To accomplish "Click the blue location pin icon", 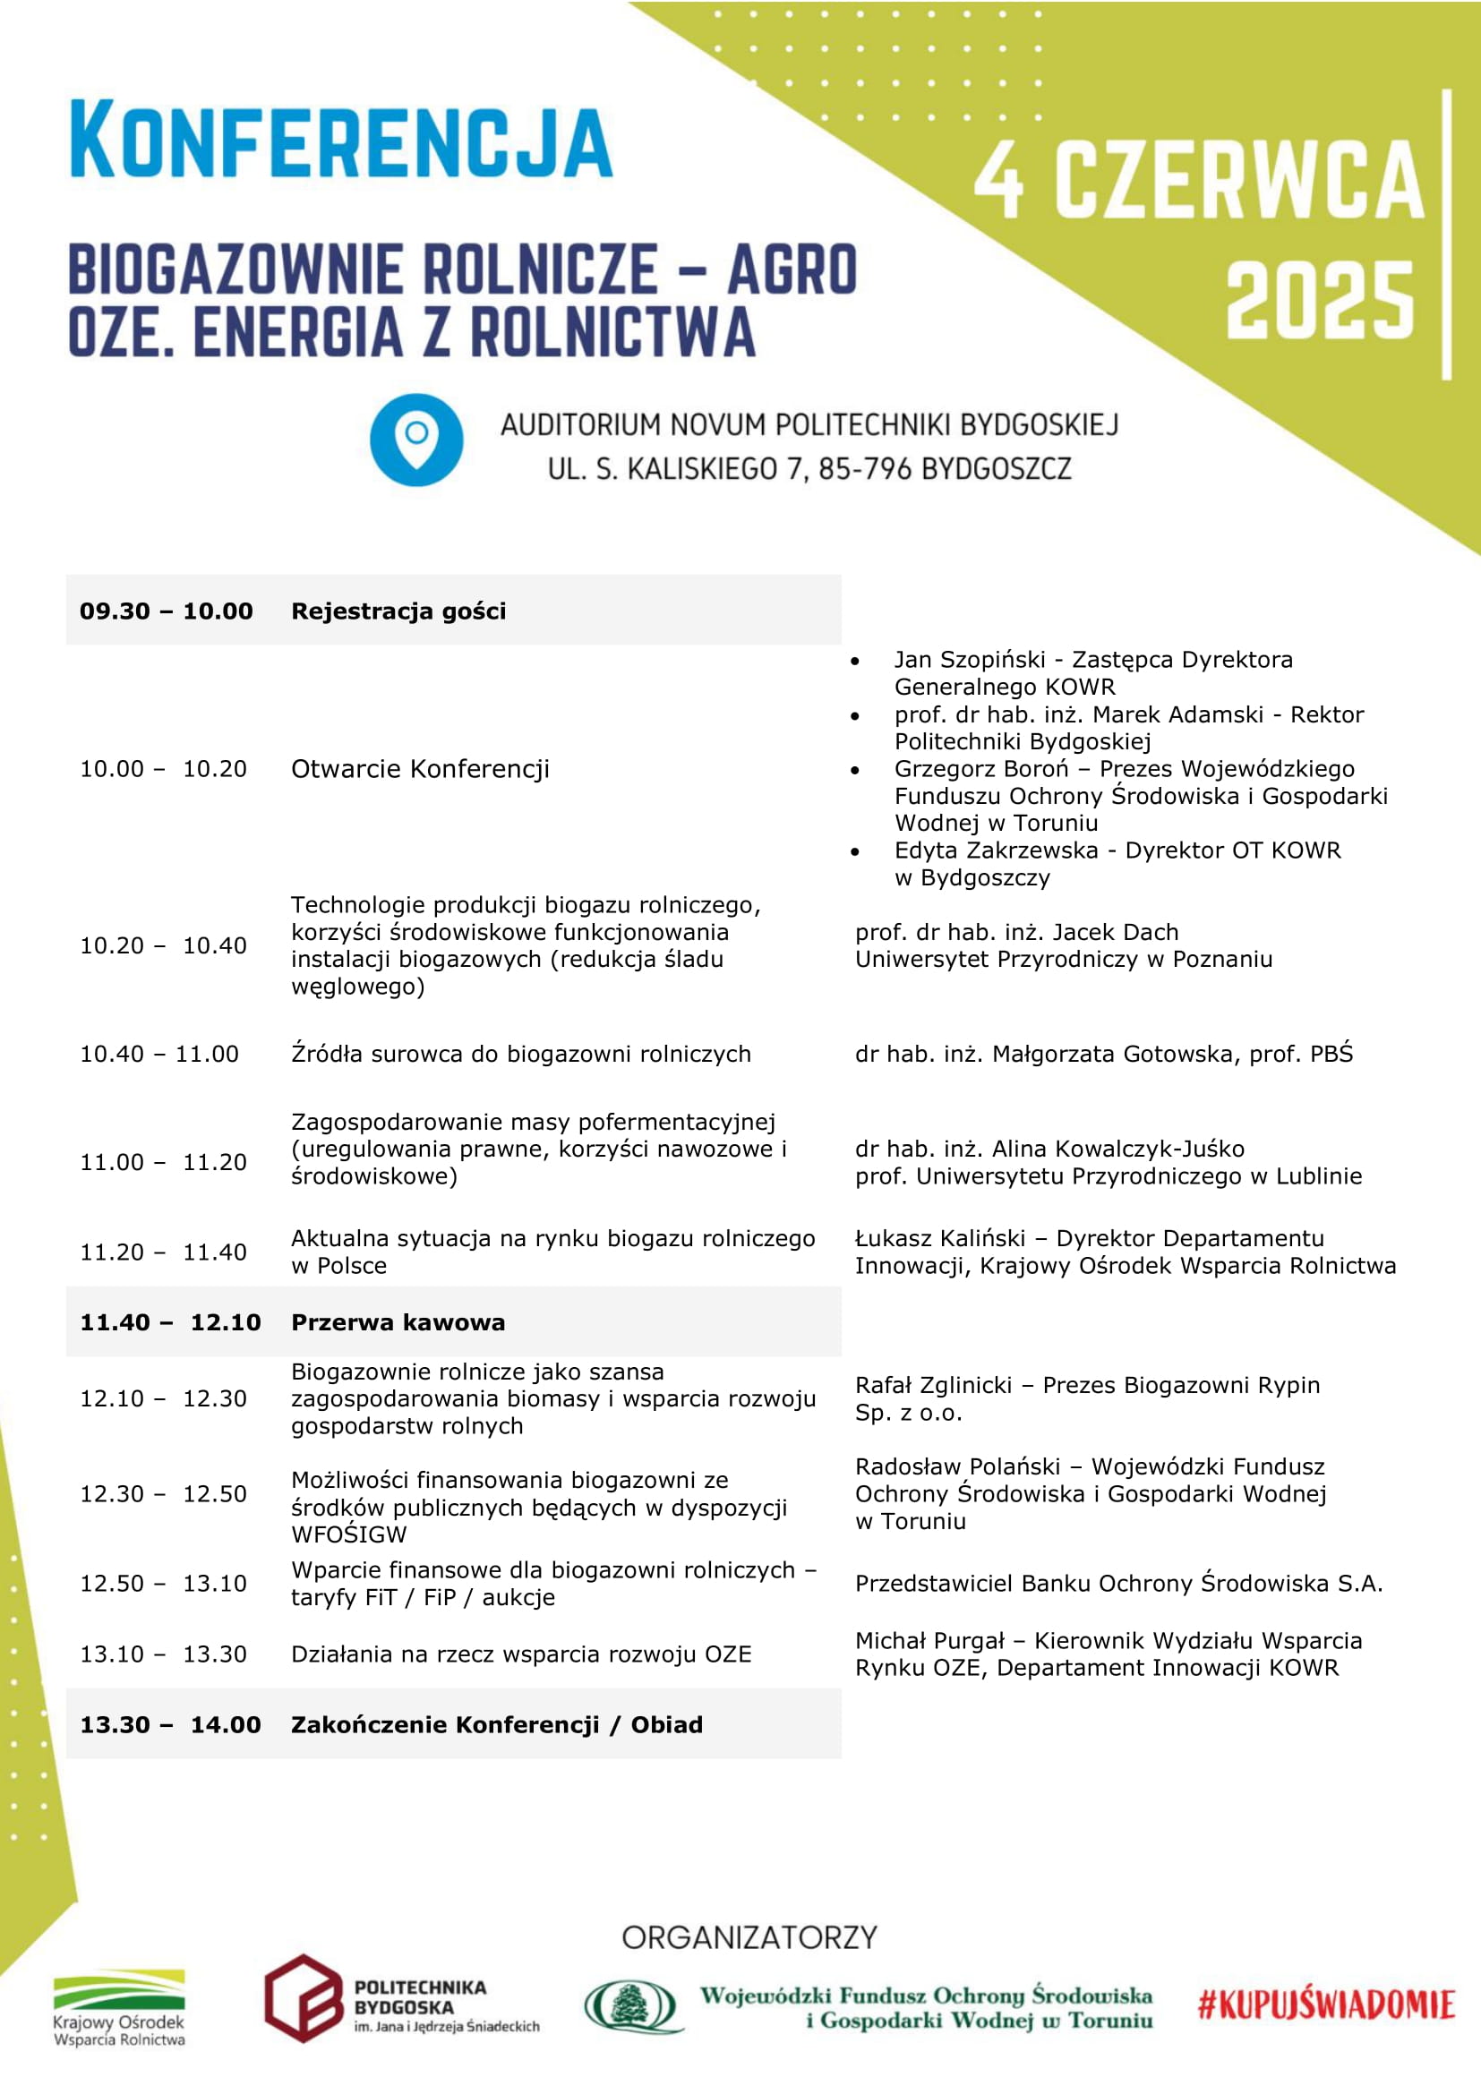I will (x=415, y=440).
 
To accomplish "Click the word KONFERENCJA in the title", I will (x=341, y=140).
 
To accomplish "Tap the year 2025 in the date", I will (x=1319, y=299).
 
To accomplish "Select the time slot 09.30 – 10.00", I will (x=166, y=611).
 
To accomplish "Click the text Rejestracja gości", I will (x=398, y=611).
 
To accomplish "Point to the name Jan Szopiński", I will (x=970, y=660).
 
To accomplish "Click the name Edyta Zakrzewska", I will (x=996, y=850).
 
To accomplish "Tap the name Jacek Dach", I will (x=1116, y=932).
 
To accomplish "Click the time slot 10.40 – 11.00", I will (x=159, y=1054).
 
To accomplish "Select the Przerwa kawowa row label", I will (x=398, y=1322).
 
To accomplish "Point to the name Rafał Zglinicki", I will (x=933, y=1385).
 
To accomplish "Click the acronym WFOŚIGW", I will (x=349, y=1534).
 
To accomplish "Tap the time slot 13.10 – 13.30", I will (x=163, y=1654).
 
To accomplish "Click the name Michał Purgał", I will (x=929, y=1641).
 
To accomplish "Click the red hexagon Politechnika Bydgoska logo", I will (x=304, y=1998).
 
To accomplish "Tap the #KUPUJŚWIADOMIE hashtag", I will (x=1325, y=2004).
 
